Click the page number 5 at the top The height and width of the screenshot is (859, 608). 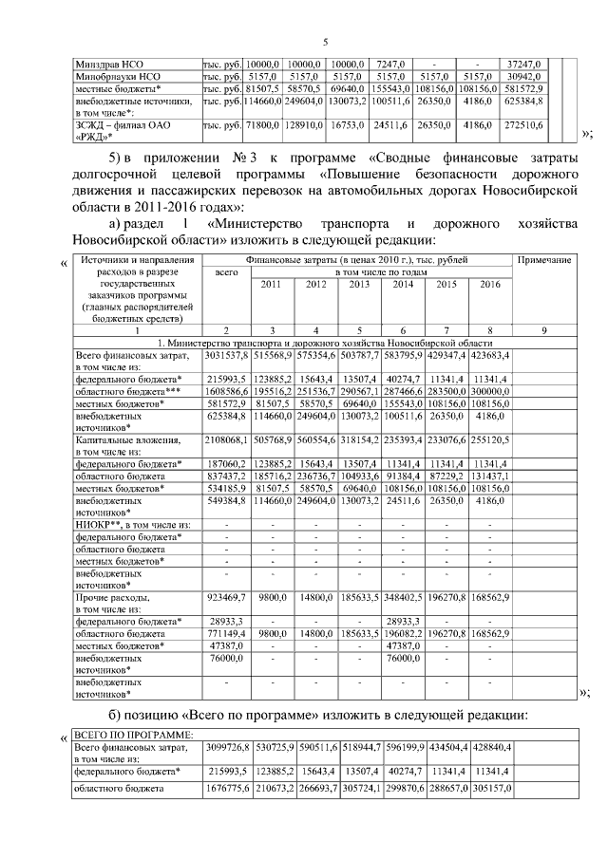(325, 41)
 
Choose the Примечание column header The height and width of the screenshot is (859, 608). (544, 258)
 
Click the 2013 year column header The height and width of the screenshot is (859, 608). (360, 285)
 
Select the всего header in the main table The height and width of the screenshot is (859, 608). (226, 271)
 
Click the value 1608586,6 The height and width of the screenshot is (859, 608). (226, 390)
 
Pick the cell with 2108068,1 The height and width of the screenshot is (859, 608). (226, 439)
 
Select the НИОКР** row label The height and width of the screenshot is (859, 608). (133, 525)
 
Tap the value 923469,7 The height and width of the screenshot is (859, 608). (226, 600)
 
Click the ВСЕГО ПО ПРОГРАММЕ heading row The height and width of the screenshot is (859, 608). (134, 736)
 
